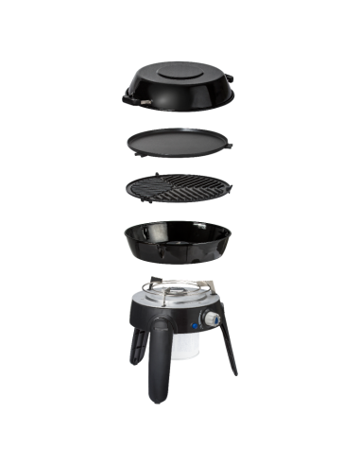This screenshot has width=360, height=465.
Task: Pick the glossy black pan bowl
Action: coord(180,244)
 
